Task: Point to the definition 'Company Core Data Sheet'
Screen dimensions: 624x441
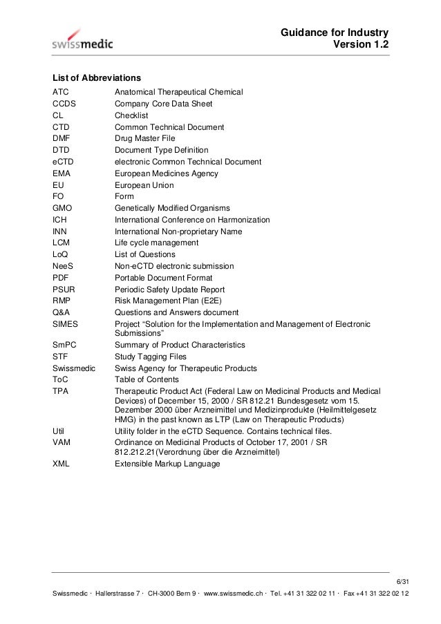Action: tap(163, 104)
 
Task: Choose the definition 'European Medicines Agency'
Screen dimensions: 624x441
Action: tap(166, 173)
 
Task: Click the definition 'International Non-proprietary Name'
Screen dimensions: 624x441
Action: tap(178, 231)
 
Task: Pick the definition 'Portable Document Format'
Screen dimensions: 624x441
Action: tap(165, 278)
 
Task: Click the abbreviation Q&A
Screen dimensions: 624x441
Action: tap(62, 312)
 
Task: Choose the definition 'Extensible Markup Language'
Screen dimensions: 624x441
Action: tap(167, 464)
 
